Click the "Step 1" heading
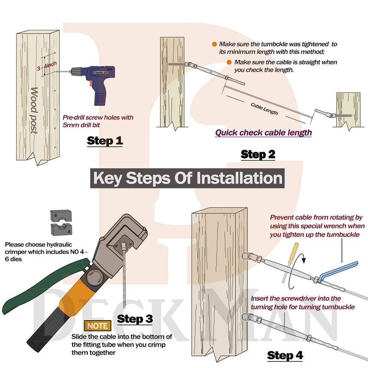pos(105,141)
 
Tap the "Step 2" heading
pos(258,155)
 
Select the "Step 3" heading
pos(135,319)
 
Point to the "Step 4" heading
pos(285,355)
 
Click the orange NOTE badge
pos(98,326)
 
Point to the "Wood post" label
pos(34,110)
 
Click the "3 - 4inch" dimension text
pos(47,66)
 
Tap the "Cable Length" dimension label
pos(264,109)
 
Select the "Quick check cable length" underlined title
pos(263,133)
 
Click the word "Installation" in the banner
pos(239,178)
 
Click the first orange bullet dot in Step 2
pos(214,44)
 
